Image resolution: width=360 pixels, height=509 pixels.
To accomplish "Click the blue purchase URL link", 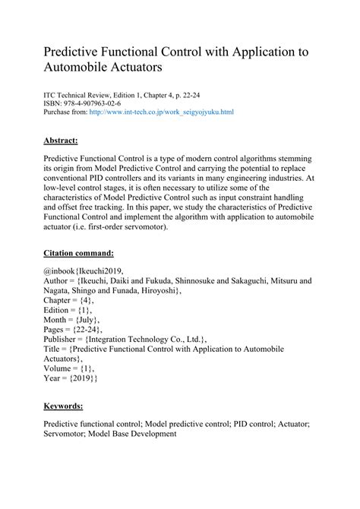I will click(161, 112).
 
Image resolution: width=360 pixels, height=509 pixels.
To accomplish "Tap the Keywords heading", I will click(67, 406).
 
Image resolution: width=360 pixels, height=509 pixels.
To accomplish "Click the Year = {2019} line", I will click(71, 378).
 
